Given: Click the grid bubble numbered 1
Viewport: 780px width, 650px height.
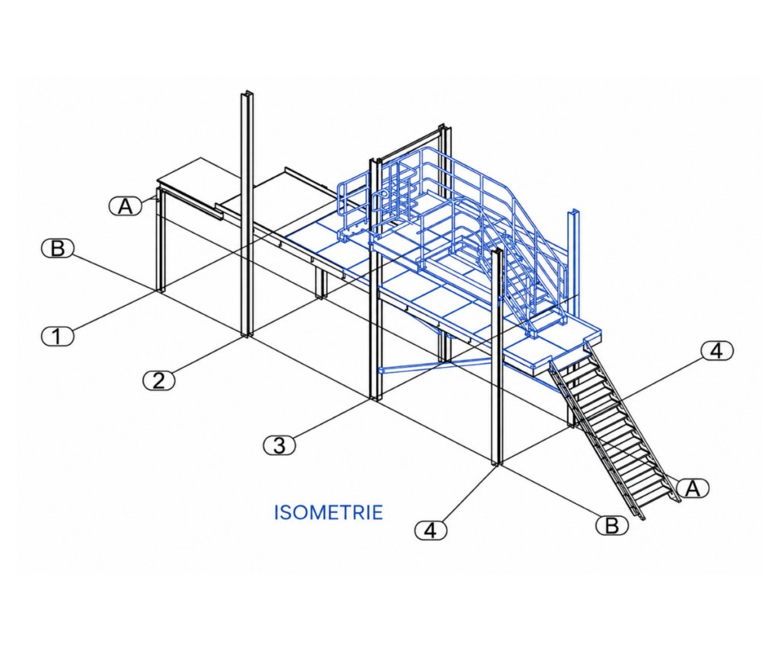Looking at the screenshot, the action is point(57,337).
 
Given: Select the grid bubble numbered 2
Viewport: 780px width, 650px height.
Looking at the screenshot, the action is point(158,381).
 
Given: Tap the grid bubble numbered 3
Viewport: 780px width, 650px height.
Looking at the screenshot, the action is point(279,445).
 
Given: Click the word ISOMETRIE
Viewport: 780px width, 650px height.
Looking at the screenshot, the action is point(329,512).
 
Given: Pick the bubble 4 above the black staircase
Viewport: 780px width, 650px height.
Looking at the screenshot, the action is point(717,351).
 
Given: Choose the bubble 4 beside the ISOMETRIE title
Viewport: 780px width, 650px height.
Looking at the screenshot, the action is point(431,530).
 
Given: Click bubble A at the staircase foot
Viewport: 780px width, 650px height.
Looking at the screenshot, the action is point(693,488).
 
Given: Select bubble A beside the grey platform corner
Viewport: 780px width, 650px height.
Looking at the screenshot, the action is point(126,206).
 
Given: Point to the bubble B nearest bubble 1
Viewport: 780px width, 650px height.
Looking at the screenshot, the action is point(57,248).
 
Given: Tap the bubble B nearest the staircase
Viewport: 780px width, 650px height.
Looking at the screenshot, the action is point(612,525).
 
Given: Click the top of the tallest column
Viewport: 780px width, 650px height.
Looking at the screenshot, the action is point(248,93).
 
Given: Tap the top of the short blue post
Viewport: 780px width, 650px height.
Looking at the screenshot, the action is point(574,212).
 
